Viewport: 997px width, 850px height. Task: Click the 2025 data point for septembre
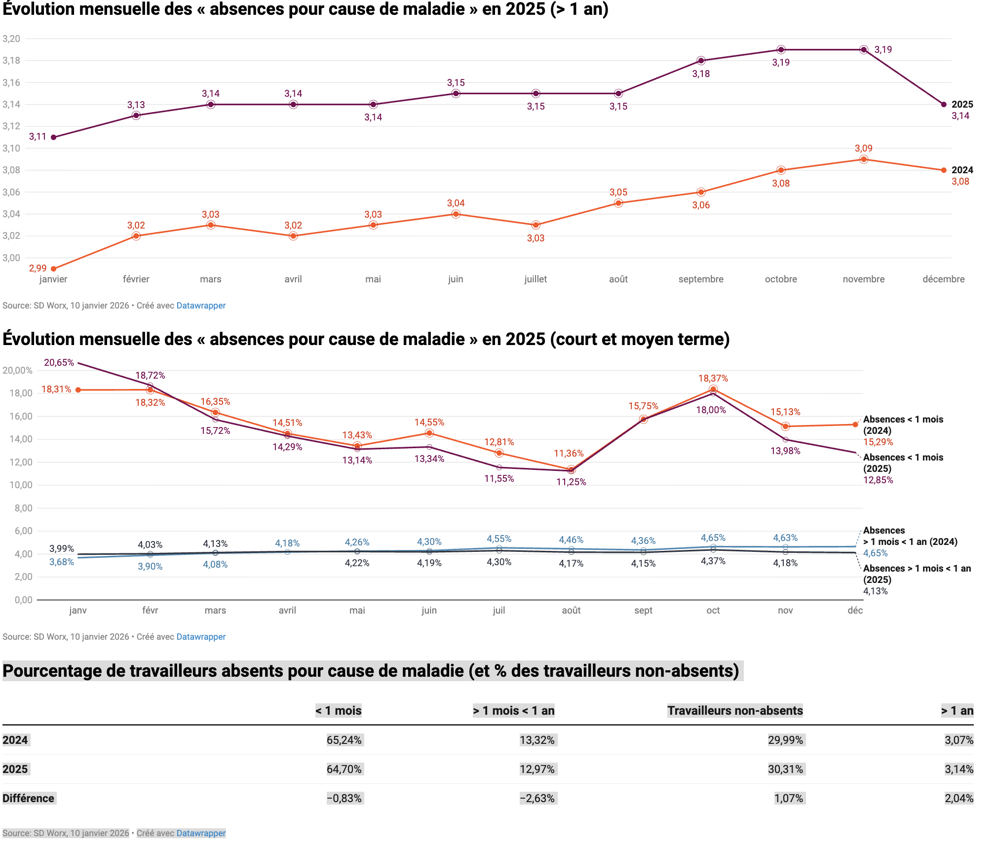[701, 61]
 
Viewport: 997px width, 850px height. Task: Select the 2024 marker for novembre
[863, 159]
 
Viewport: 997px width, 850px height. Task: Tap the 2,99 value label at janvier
[38, 268]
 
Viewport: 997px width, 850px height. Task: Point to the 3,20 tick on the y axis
[11, 39]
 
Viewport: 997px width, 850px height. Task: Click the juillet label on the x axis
[536, 279]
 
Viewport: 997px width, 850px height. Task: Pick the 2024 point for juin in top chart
[456, 214]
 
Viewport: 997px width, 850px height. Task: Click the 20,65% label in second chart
[59, 362]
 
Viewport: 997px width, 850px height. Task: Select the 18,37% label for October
[713, 378]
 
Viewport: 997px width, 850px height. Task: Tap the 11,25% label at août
[571, 482]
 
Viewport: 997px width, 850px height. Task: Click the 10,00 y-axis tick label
[21, 485]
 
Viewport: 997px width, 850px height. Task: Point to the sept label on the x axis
[643, 610]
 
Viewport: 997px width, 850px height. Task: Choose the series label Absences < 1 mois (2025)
[903, 463]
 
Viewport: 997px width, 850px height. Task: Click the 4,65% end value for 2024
[875, 553]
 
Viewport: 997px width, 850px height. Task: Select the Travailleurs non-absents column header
[735, 710]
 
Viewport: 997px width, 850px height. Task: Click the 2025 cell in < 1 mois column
[344, 769]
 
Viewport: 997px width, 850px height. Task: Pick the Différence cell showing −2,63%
[537, 798]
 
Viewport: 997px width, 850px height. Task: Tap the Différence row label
[29, 798]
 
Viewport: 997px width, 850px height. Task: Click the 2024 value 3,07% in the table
[959, 740]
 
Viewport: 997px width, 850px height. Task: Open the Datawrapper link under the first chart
[201, 306]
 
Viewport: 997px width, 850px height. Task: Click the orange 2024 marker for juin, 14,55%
[429, 433]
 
